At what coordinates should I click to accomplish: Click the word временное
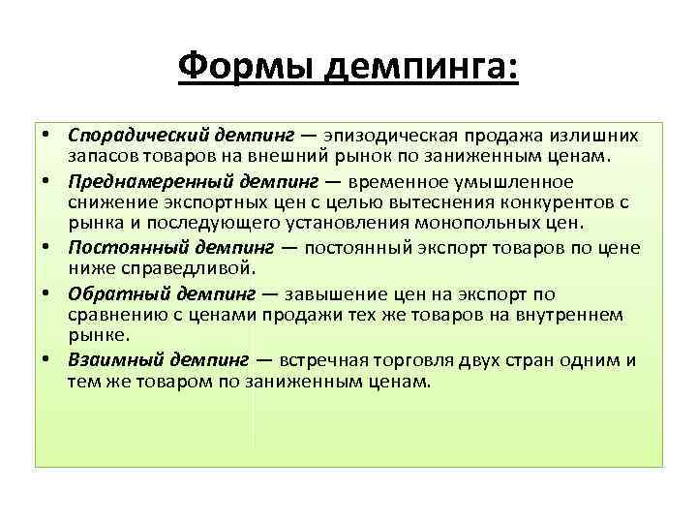(x=413, y=181)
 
